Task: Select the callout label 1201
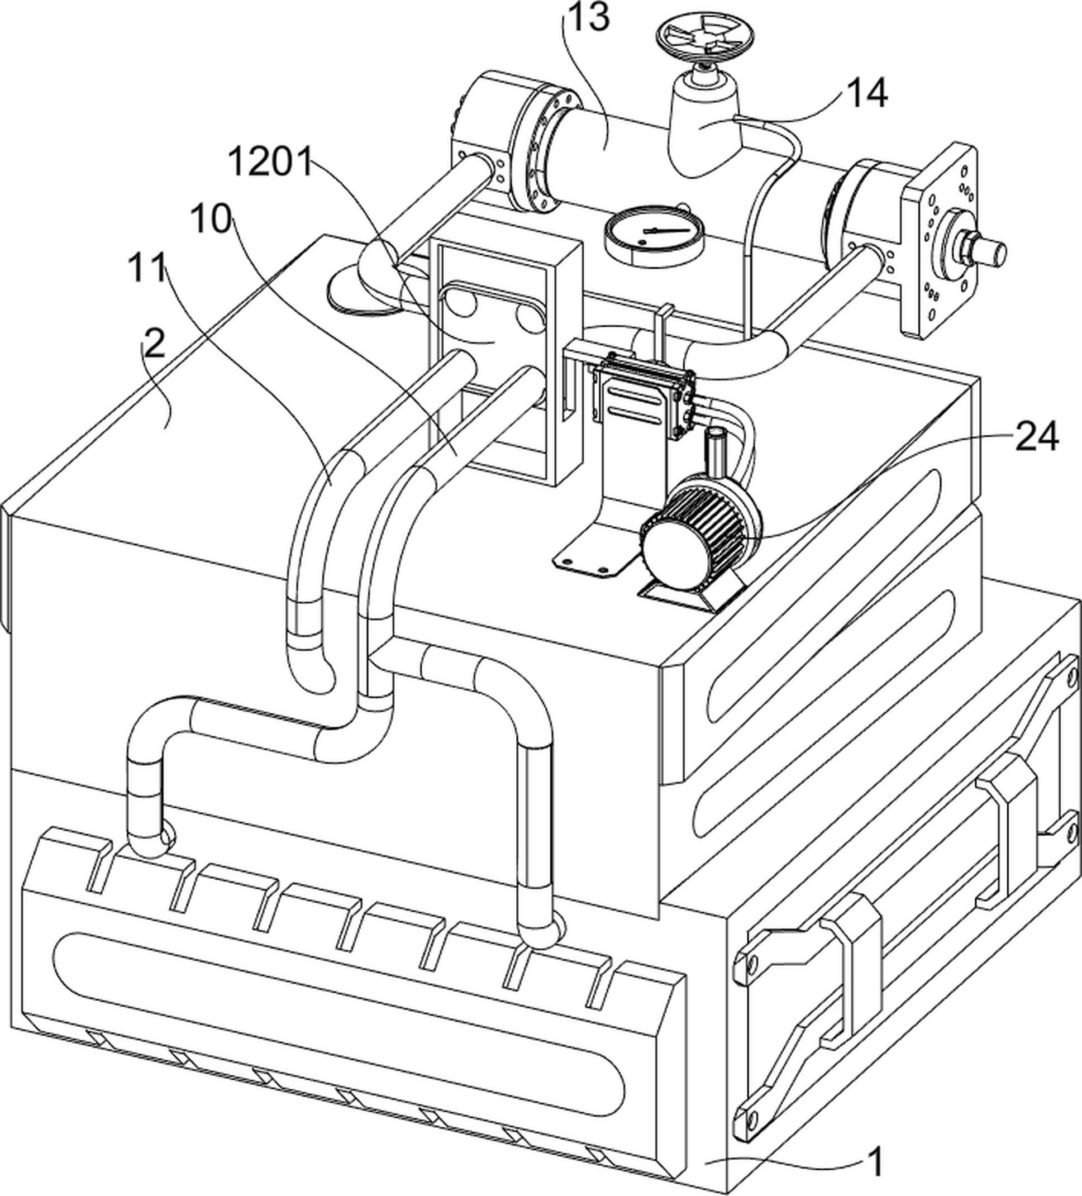(270, 163)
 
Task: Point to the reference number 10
(211, 220)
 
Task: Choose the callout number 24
(1036, 437)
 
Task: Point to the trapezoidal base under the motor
(691, 593)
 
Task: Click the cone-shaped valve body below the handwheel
(703, 127)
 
